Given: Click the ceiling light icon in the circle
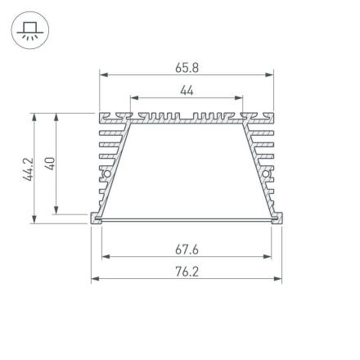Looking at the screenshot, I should coord(30,32).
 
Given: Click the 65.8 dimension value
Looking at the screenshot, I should coord(187,68).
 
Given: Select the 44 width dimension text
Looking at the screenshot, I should coord(187,89).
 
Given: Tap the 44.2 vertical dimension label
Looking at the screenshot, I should coord(27,168).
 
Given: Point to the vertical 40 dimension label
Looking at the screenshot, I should coord(49,164).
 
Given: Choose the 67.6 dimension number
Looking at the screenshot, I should coord(187,250).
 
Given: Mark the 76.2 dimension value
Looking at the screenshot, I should coord(187,272).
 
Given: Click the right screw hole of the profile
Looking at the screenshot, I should coord(267,173).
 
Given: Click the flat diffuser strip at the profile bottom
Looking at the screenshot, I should coord(187,219).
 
